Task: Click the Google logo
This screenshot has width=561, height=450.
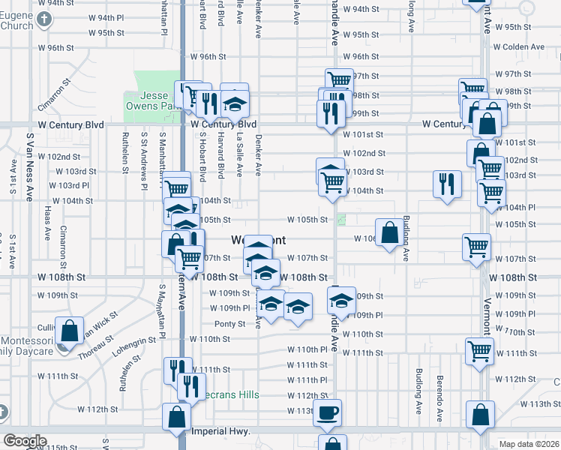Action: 25,441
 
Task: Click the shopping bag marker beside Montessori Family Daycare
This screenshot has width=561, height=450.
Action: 69,330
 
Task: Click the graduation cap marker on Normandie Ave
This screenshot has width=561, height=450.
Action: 341,300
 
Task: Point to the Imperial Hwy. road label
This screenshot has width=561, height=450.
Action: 220,431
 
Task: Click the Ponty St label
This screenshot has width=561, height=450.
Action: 229,324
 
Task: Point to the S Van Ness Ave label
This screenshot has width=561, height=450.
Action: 30,167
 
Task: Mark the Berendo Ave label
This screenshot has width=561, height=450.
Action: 440,394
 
